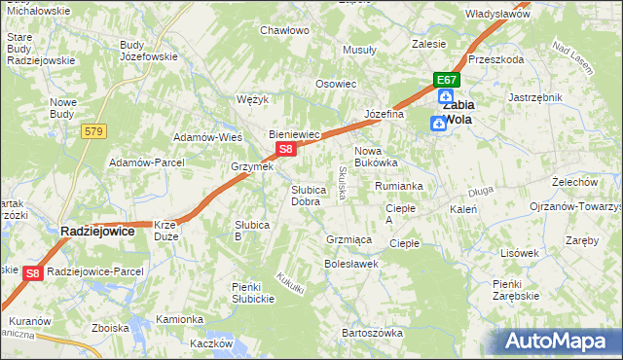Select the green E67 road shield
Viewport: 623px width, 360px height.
coord(446,80)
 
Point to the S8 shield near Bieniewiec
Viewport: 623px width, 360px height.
coord(285,149)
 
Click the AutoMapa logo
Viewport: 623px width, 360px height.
coord(560,341)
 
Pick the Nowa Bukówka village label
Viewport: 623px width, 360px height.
coord(376,157)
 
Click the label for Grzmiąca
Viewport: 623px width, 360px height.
coord(347,238)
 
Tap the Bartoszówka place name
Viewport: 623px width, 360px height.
coord(372,333)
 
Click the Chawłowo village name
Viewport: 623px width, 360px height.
coord(284,30)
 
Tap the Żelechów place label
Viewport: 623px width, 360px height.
coord(574,182)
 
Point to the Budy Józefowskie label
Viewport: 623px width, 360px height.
coord(148,51)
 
